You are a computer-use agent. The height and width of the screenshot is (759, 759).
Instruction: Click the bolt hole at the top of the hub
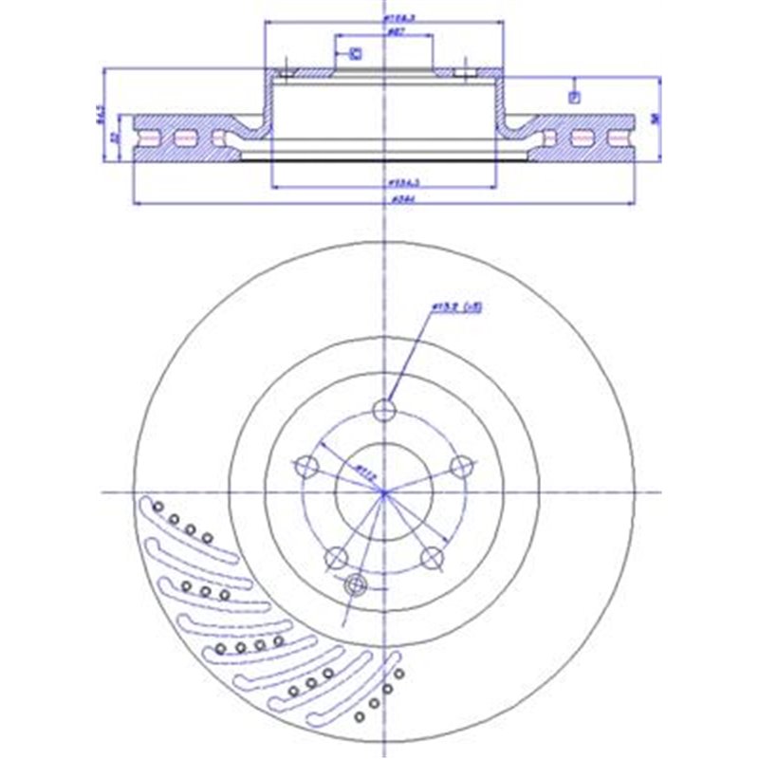point(383,410)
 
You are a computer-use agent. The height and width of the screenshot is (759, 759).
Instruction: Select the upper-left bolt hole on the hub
point(307,466)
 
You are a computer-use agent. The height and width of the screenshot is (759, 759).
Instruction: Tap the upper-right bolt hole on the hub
point(460,466)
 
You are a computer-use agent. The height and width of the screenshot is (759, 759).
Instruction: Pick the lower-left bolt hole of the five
point(336,557)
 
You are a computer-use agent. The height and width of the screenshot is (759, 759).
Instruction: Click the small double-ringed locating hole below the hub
point(357,583)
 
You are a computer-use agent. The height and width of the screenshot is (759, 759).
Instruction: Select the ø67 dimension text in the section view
point(384,31)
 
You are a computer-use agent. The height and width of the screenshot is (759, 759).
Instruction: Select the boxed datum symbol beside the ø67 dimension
point(357,54)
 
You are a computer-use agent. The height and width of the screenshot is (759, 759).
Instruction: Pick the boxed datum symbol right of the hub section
point(573,96)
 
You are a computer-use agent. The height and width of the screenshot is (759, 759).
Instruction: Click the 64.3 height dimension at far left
point(101,119)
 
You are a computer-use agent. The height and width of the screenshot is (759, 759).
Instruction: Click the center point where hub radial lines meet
point(383,492)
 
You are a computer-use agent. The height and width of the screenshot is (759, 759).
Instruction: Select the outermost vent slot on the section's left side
point(146,139)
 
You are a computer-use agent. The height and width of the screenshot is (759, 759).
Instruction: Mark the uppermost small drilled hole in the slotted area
point(158,506)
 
